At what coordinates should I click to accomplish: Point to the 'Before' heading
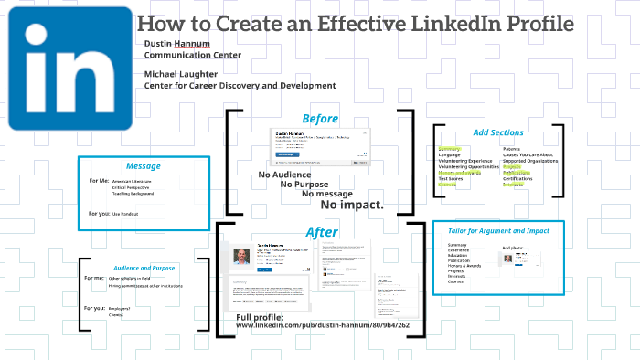(x=320, y=119)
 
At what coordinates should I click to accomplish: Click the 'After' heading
(x=320, y=233)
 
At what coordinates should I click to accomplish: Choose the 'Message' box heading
(x=143, y=166)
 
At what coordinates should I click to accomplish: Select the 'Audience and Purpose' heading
(x=144, y=267)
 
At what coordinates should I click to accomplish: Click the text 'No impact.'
(x=352, y=205)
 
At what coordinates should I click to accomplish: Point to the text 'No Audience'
(x=284, y=175)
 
